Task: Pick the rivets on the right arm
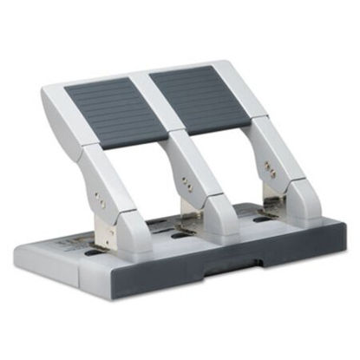click(x=270, y=170)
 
